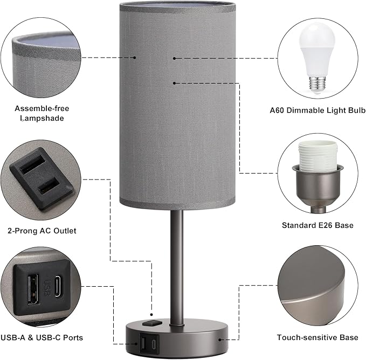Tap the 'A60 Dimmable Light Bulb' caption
[x=317, y=110]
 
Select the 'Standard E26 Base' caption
[x=317, y=225]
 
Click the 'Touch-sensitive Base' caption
[x=317, y=337]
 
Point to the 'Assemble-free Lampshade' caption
[x=42, y=113]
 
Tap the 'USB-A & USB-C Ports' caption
[x=42, y=337]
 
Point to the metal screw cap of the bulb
[x=317, y=83]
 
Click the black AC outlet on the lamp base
[x=150, y=324]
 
